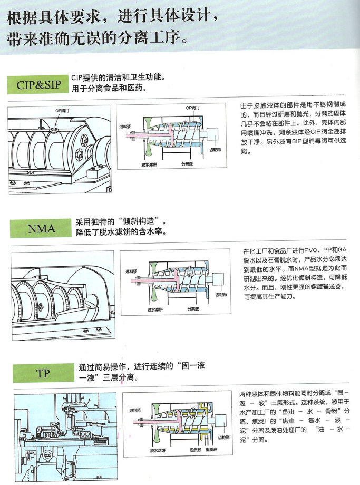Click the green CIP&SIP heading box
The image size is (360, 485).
[x=39, y=85]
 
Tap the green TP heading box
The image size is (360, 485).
[x=43, y=373]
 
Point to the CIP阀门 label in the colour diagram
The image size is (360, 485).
[x=192, y=108]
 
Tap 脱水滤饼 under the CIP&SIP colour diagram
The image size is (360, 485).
[x=150, y=164]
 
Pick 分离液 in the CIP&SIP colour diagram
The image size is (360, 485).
[x=188, y=164]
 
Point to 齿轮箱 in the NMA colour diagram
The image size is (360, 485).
[x=221, y=295]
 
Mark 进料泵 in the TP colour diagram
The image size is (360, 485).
[x=135, y=410]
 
